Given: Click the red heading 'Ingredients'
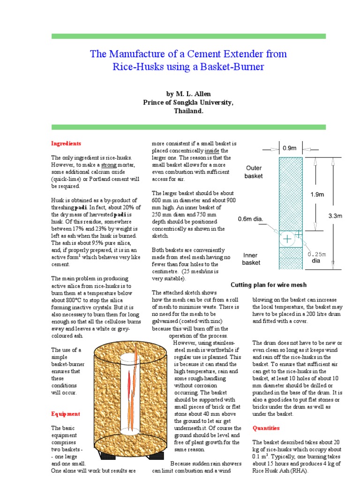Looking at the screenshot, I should [66, 143].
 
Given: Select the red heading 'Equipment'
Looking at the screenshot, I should [65, 414].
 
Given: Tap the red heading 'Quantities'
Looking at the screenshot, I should [266, 428].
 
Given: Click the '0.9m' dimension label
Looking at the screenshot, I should [290, 148].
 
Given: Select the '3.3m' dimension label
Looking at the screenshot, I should [335, 216].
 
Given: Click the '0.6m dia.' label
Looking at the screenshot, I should [251, 219].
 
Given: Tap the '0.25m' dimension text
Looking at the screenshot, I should [316, 255].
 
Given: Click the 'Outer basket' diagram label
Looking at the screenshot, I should [254, 172].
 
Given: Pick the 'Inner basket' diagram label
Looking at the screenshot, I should [251, 259].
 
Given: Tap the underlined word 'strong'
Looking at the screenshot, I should [108, 165].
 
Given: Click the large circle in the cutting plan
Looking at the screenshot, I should [287, 240].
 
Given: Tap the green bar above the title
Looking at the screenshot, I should [188, 36].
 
